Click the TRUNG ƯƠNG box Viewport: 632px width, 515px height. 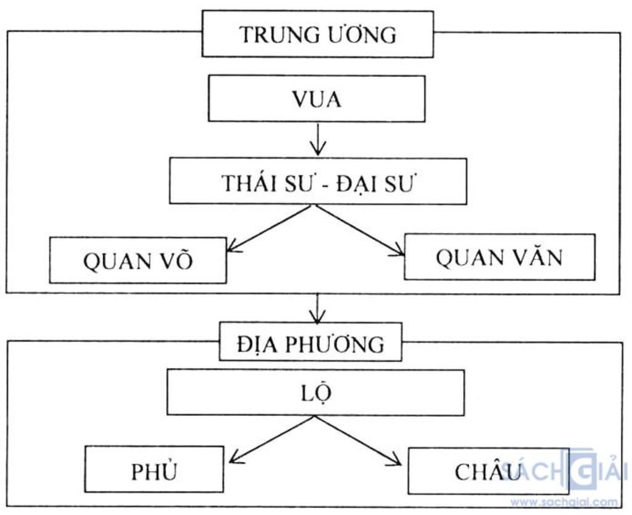317,35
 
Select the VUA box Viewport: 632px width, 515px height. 317,99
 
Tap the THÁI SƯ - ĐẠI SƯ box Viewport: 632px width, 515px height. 318,182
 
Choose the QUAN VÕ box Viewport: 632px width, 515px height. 138,261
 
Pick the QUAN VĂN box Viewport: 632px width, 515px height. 499,257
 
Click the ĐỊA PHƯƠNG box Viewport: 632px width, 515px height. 310,342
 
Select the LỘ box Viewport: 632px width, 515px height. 315,393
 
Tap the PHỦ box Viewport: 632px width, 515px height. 154,470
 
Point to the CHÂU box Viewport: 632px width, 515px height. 488,471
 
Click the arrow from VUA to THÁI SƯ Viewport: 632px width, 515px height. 317,140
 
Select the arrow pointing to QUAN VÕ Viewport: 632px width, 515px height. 268,228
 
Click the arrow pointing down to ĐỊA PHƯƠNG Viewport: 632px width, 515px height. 317,308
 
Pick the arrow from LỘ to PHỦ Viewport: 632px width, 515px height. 272,439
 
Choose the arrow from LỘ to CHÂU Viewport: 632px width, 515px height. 358,440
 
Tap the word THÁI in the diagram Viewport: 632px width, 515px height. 247,183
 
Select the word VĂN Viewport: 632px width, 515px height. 536,257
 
